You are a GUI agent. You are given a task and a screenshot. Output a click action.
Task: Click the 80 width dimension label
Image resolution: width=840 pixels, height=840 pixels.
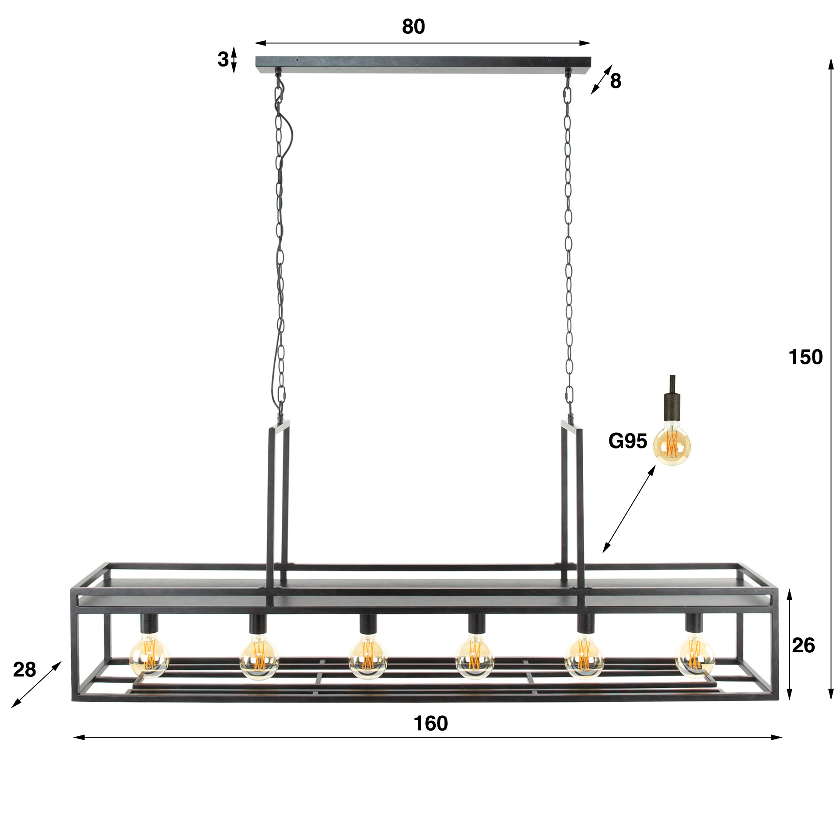(x=413, y=27)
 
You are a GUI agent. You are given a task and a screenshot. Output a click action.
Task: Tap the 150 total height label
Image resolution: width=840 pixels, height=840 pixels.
(x=805, y=357)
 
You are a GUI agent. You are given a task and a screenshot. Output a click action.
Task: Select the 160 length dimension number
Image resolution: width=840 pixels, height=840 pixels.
(x=430, y=724)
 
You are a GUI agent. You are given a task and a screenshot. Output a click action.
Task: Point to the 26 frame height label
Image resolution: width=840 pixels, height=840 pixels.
(x=803, y=645)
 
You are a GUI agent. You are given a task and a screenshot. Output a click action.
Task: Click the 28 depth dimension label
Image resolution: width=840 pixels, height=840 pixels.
(x=24, y=669)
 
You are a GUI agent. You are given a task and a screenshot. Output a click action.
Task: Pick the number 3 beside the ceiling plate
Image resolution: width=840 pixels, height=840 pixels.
(x=223, y=59)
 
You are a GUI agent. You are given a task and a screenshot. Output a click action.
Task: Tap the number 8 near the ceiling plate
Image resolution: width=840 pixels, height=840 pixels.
(x=616, y=81)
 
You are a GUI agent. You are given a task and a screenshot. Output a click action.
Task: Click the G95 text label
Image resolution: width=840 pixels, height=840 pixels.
(x=627, y=441)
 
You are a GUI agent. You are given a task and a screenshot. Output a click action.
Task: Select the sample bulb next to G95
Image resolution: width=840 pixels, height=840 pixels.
(x=672, y=444)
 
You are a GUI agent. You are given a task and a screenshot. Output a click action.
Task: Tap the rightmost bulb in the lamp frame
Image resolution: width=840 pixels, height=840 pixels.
(x=695, y=656)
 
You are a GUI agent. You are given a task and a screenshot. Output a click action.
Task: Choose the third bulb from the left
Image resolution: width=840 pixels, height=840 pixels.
(x=368, y=658)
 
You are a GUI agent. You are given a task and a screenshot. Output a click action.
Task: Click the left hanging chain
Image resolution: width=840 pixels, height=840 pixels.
(x=279, y=245)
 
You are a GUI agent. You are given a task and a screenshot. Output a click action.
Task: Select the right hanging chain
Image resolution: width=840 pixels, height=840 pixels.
(x=568, y=245)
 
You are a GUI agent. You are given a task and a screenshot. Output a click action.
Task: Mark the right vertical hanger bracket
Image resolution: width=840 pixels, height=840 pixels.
(x=573, y=494)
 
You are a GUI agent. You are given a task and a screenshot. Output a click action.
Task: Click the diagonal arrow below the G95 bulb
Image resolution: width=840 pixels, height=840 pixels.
(x=629, y=509)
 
